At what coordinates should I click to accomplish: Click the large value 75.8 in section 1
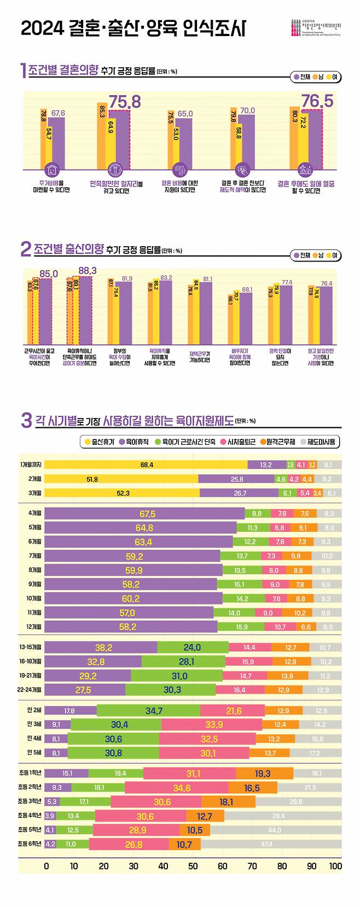click(x=125, y=102)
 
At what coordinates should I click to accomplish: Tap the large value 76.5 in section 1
click(x=317, y=102)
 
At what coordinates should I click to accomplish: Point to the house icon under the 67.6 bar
click(x=51, y=169)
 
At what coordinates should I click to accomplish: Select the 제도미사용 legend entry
click(x=318, y=441)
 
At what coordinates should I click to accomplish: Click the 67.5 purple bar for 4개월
click(x=144, y=514)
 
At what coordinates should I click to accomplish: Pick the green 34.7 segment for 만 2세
click(x=148, y=711)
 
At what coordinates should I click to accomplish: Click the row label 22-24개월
click(x=31, y=690)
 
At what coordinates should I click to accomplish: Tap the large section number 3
click(x=26, y=421)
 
